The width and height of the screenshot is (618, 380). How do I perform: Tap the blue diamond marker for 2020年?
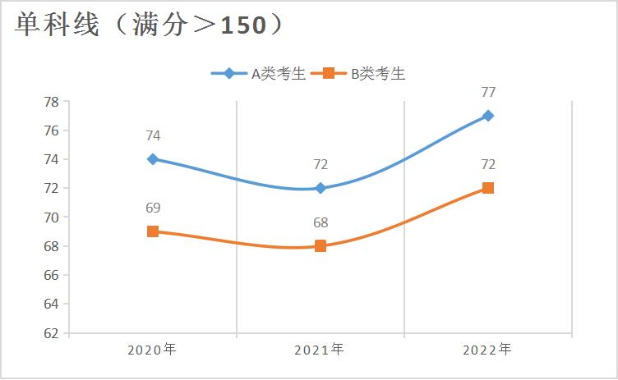(153, 159)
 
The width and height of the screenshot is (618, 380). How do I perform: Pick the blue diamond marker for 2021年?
(321, 188)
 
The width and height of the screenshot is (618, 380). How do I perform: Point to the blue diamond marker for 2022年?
(488, 116)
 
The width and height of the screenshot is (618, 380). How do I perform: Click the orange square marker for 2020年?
(153, 231)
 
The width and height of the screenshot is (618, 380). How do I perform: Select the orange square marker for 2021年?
(321, 245)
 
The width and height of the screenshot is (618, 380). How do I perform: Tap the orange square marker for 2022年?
(488, 188)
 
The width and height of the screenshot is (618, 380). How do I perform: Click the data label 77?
(488, 92)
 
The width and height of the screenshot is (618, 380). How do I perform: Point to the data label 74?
(153, 136)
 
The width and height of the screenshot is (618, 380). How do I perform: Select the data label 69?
(153, 208)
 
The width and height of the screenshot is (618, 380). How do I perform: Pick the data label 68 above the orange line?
(321, 222)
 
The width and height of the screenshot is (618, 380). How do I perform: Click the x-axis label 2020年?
(152, 350)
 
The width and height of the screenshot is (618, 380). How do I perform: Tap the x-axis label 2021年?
(320, 350)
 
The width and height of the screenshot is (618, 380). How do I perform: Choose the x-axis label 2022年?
(487, 350)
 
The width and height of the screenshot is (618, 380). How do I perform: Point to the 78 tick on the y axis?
(50, 102)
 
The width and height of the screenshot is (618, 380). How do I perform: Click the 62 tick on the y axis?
(50, 333)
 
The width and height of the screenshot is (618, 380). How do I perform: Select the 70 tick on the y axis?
(50, 217)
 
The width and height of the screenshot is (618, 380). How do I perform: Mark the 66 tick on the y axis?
(50, 275)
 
